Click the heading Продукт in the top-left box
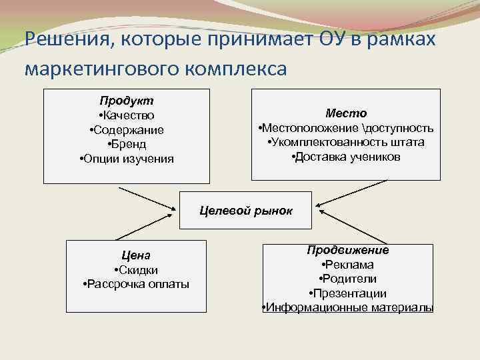(126, 101)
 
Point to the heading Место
(345, 113)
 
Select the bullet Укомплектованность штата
(345, 143)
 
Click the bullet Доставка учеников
(345, 157)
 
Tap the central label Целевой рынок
(247, 211)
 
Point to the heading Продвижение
(348, 250)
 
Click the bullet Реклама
(348, 265)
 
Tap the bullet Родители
(348, 279)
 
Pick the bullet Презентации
(348, 293)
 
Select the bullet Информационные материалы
(348, 308)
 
